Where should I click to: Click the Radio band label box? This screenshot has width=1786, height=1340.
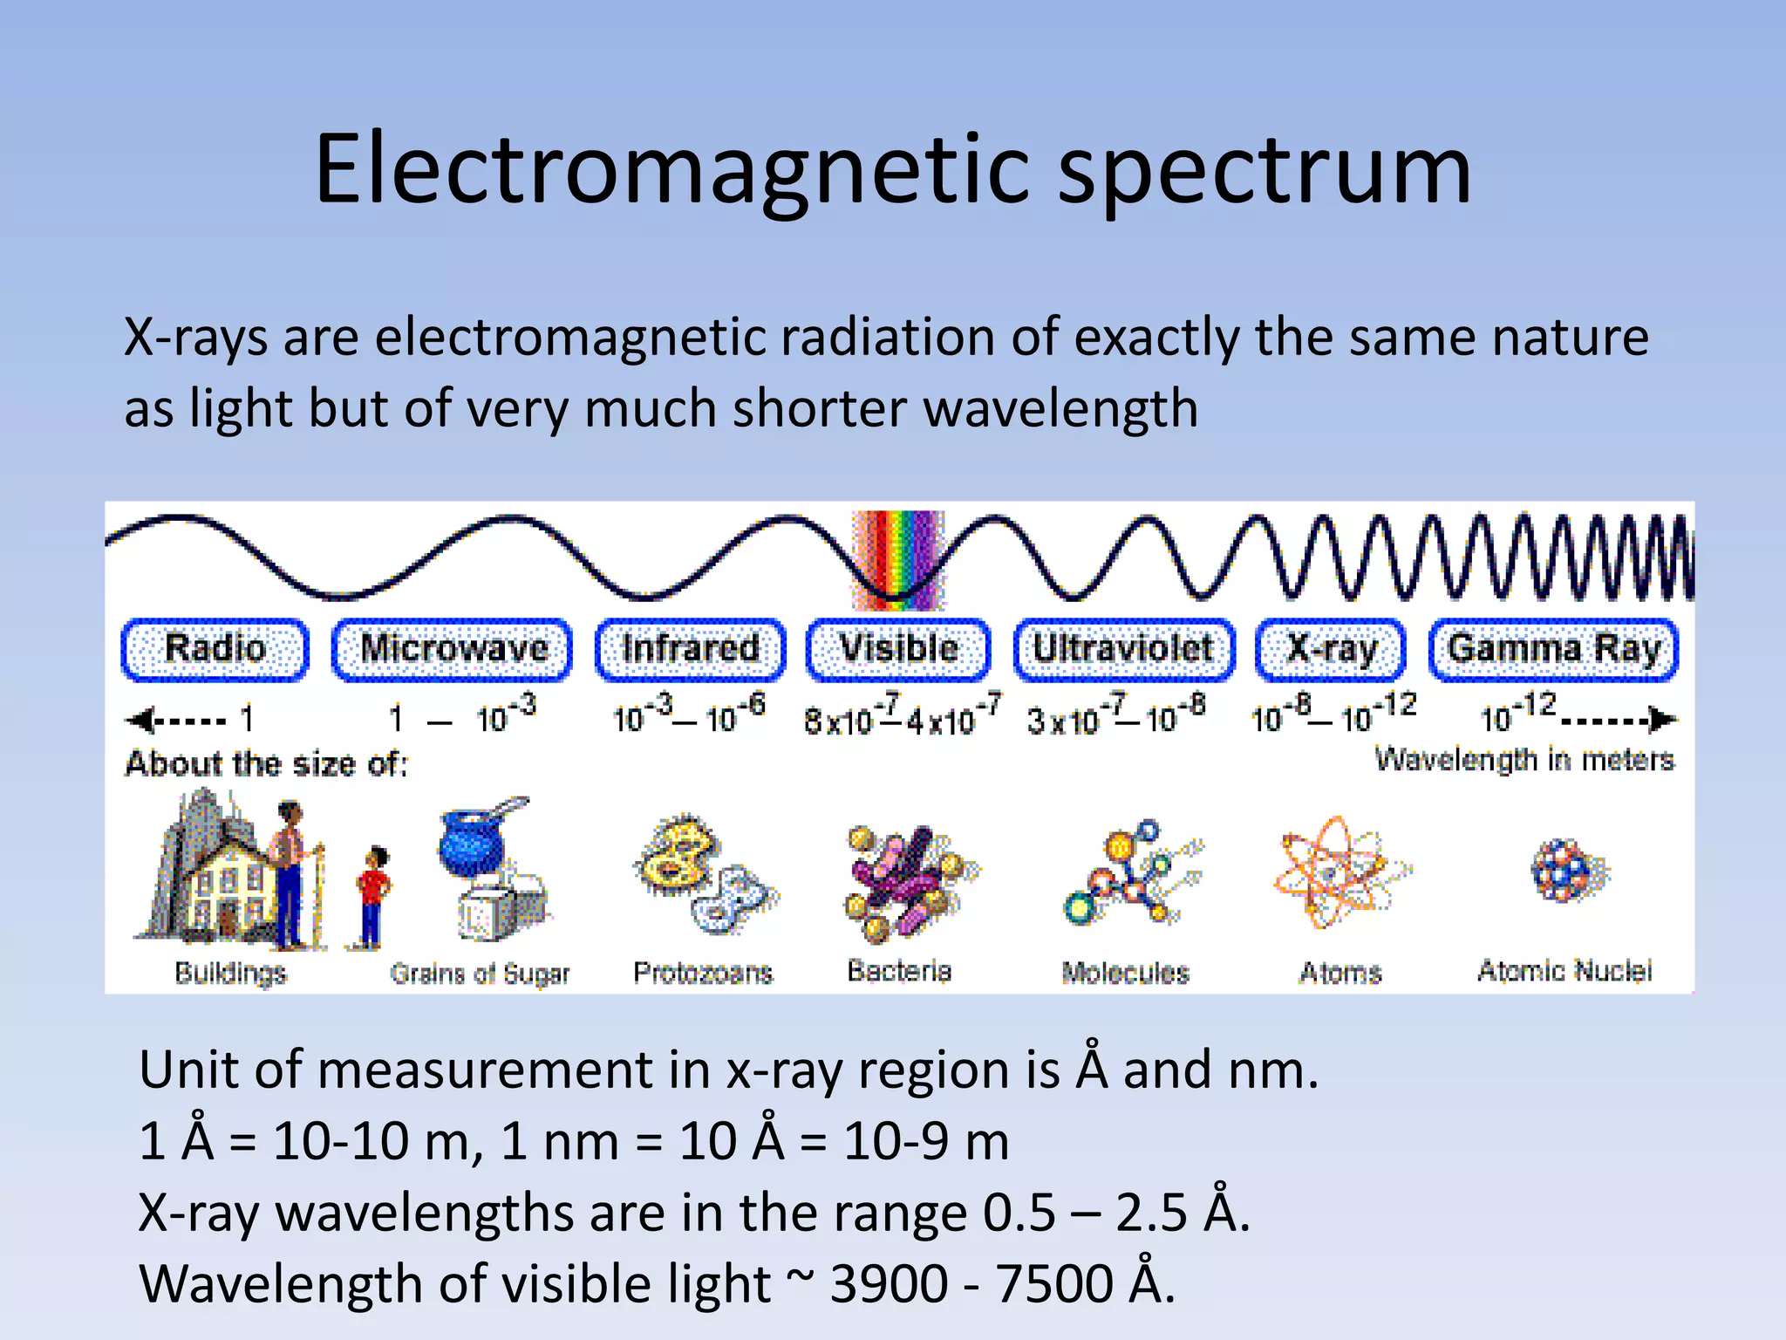point(215,649)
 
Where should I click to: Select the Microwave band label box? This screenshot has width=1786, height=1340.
point(453,649)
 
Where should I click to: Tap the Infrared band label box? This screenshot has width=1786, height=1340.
point(690,649)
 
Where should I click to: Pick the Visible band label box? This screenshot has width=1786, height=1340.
point(898,649)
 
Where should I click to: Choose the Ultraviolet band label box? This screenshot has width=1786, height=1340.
point(1123,649)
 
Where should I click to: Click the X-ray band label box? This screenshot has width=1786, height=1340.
point(1331,649)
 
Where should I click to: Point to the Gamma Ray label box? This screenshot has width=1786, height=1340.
point(1553,649)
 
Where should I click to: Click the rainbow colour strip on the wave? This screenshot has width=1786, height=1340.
point(898,559)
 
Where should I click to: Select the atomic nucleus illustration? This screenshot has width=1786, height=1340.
point(1569,870)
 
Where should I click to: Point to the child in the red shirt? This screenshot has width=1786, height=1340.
point(373,894)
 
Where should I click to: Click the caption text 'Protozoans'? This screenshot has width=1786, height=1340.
point(703,972)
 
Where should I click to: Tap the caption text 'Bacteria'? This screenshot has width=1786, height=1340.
point(899,971)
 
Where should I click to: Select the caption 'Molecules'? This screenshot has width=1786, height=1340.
point(1125,972)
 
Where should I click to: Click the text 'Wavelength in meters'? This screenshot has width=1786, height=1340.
point(1524,760)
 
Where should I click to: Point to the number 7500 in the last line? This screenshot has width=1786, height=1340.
point(1053,1283)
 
